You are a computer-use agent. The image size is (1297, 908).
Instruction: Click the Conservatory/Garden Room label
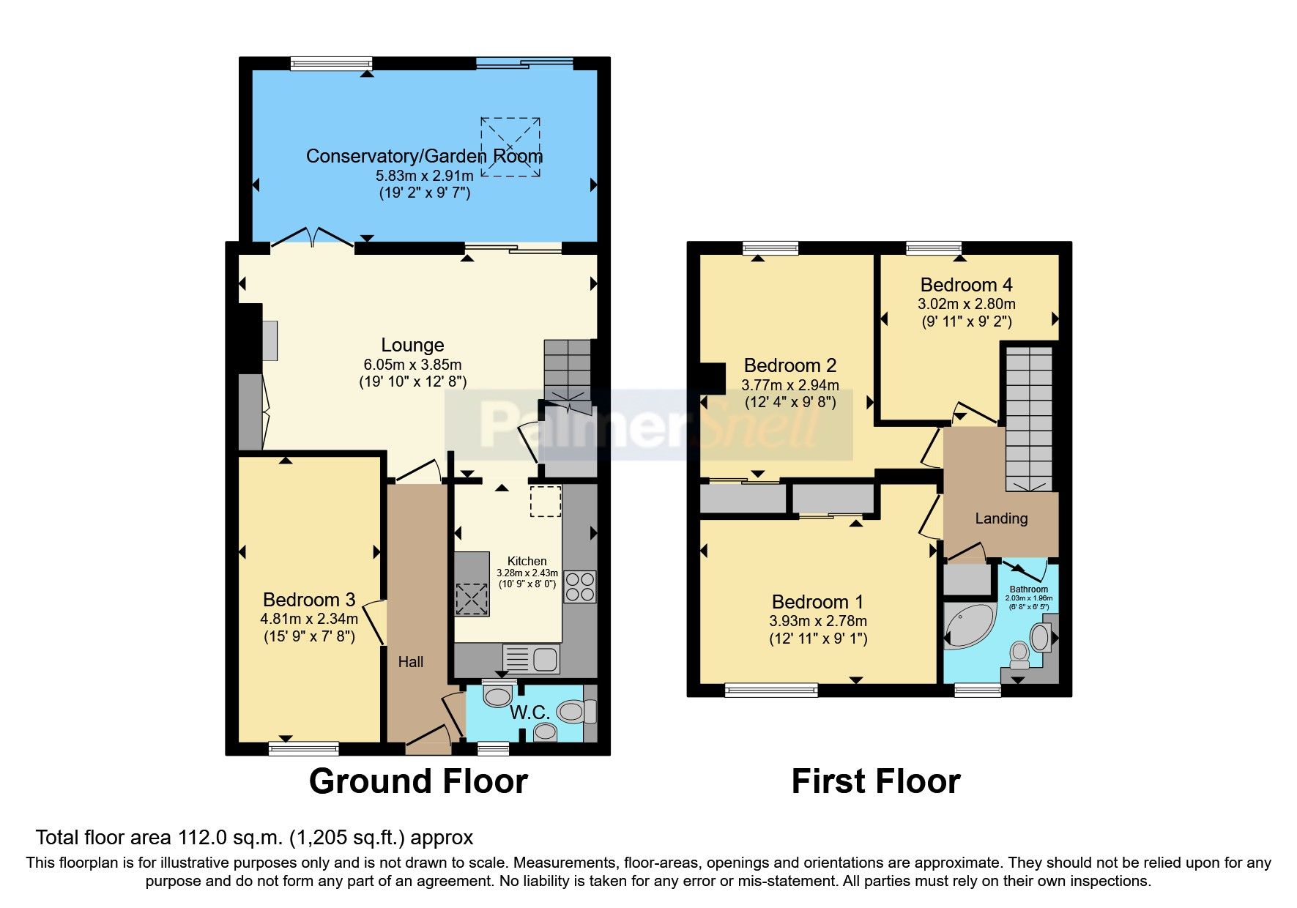[424, 156]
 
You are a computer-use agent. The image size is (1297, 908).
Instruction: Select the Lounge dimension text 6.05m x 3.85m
[412, 364]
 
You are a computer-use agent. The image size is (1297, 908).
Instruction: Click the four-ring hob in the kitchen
[579, 587]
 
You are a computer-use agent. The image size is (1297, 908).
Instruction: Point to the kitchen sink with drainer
[531, 658]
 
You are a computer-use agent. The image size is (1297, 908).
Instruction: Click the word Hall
[411, 662]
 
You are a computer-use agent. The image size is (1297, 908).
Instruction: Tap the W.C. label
[529, 712]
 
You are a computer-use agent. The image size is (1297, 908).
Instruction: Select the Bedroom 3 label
[308, 600]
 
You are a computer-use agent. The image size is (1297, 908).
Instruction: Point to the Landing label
[1001, 518]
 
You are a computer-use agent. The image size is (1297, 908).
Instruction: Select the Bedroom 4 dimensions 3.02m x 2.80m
[967, 304]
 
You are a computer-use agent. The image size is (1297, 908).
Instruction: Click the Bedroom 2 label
[789, 365]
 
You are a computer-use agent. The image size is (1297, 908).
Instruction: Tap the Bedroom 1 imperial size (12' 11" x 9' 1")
[818, 639]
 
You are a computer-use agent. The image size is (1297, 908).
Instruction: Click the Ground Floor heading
[418, 781]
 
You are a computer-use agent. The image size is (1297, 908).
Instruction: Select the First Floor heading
[875, 781]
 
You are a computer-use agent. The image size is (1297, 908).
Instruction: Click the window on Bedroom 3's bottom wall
[303, 748]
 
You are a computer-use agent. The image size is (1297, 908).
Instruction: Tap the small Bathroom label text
[1028, 589]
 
